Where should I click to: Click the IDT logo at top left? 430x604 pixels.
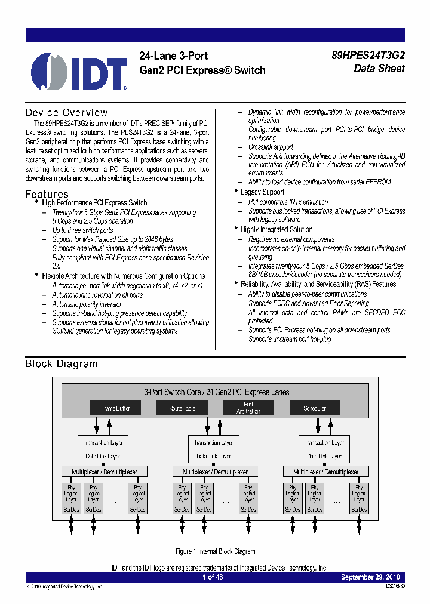coord(79,72)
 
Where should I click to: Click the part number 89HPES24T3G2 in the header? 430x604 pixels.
coord(368,56)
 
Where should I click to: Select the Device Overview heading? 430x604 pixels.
coord(66,113)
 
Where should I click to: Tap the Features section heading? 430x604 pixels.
coord(47,194)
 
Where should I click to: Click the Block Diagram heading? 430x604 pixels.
coord(62,364)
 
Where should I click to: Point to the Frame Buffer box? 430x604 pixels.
coord(115,408)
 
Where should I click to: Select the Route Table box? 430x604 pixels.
coord(182,408)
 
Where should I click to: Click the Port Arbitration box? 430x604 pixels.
coord(248,408)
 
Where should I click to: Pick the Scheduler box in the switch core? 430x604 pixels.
coord(315,408)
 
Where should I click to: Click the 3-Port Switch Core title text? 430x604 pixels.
coord(216,392)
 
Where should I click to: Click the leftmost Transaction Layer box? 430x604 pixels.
coord(104,443)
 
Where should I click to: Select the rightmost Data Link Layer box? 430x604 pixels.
coord(324,456)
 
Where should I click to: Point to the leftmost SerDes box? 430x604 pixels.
coord(71,510)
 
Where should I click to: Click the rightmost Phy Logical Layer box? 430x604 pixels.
coord(359,494)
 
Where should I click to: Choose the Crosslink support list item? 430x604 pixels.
coord(271,147)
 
